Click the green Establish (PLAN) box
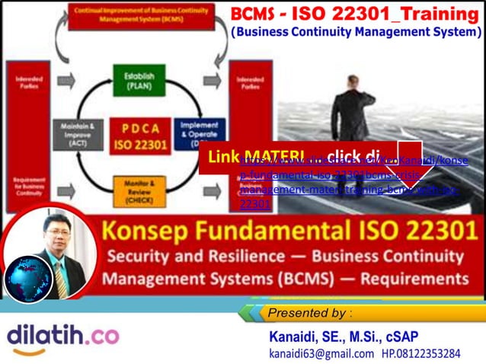pos(139,80)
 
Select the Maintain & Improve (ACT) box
pos(77,134)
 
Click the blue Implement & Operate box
pos(200,134)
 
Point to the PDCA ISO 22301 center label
pos(139,135)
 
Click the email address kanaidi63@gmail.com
pos(321,353)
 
